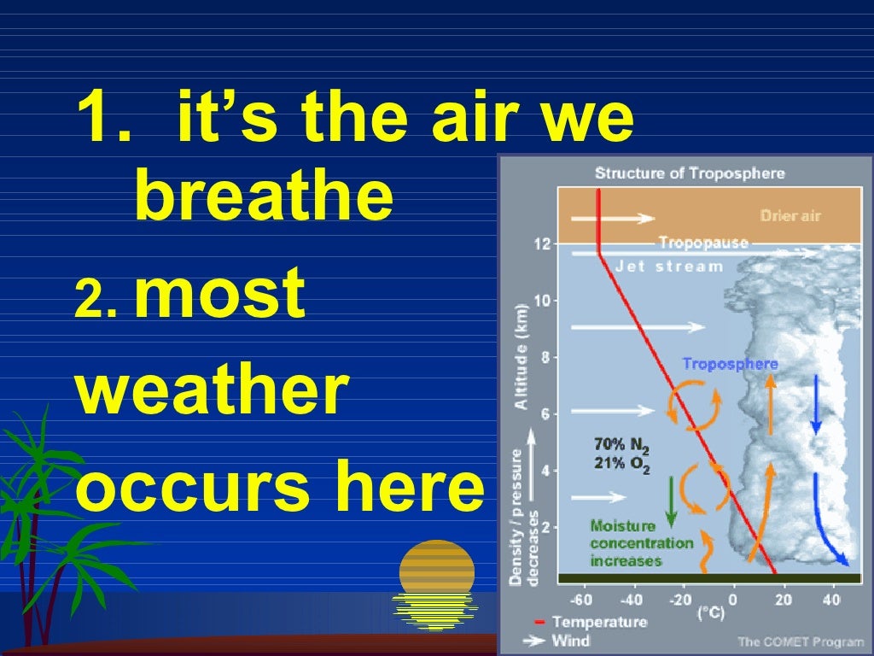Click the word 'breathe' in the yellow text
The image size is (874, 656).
click(264, 197)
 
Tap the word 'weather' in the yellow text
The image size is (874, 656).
click(213, 390)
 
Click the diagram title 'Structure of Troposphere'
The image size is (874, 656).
click(689, 173)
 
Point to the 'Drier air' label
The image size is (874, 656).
click(790, 215)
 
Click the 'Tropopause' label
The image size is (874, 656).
click(702, 243)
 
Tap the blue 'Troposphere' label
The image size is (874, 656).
click(730, 364)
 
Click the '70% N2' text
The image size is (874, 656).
click(621, 445)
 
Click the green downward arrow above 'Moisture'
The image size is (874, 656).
click(671, 504)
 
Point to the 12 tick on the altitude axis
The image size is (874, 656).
click(542, 244)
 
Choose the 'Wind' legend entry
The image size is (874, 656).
click(571, 641)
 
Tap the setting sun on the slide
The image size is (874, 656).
click(436, 568)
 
